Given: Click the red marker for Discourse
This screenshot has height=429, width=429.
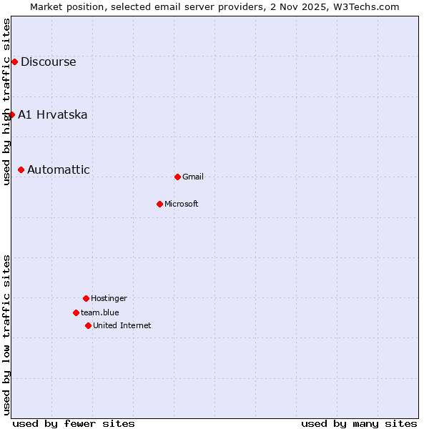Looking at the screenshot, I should coord(14,62).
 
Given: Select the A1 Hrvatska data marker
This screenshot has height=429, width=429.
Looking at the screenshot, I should coord(11,114).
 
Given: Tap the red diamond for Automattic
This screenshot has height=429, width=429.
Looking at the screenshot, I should coord(21,169).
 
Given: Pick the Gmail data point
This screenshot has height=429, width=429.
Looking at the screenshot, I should coord(177,177).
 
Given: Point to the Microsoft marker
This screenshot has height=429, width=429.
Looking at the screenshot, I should coord(159,204).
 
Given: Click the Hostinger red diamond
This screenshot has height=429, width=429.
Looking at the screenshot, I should coord(86,298).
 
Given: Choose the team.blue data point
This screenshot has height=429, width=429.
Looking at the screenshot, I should coord(76,312).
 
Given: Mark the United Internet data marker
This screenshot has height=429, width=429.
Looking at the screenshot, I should coord(88,325).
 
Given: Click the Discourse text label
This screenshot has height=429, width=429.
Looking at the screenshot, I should coord(48,62).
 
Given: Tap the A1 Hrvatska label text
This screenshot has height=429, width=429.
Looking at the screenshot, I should coord(52,115).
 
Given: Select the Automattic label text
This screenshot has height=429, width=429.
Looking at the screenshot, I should coord(59,170).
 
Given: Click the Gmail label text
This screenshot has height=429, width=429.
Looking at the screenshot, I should coord(193,177).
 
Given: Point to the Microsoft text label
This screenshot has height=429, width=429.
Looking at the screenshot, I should coord(182,204).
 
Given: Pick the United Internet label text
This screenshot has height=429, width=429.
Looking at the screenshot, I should coord(122,326).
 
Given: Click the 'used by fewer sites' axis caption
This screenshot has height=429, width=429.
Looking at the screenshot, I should coord(74,423).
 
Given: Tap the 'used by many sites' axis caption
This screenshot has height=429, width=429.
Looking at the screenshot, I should coord(358,423).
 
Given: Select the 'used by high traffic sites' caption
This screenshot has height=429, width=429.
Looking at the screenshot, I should coord(6,102).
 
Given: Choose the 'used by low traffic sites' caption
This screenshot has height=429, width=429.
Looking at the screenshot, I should coord(6,335).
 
